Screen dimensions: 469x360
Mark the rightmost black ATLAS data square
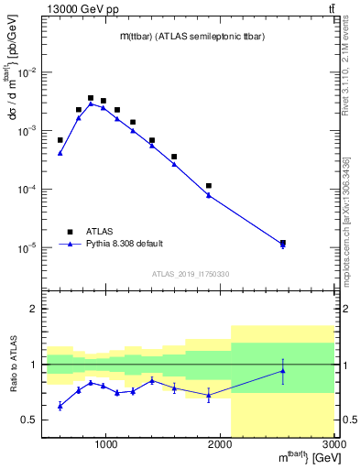pos(283,243)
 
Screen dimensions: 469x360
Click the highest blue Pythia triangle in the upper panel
pos(91,104)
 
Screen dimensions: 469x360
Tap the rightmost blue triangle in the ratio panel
pos(283,371)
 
